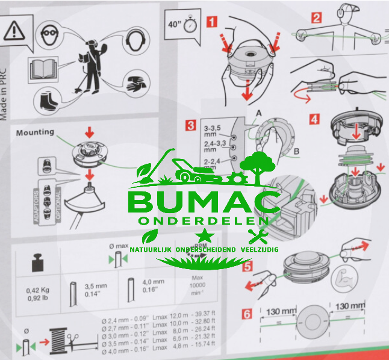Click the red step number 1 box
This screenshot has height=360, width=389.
211,22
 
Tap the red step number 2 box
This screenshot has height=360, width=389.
317,18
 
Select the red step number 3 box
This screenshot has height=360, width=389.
191,125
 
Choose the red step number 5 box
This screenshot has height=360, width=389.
247,265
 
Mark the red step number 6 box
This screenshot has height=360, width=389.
247,314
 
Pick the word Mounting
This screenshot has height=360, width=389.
34,132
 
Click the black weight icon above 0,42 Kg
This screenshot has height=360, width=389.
37,262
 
